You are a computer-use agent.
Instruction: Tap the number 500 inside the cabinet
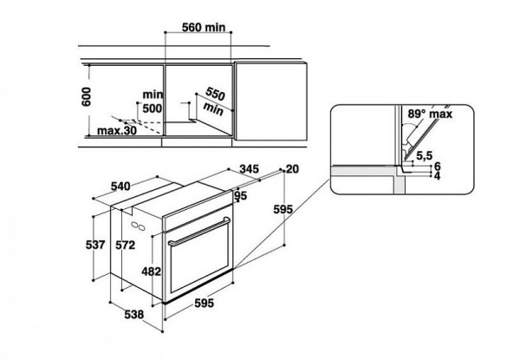(x=153, y=108)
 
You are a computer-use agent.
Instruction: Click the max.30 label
(x=118, y=131)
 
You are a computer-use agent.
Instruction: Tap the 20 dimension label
(x=290, y=169)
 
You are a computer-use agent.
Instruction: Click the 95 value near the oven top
(x=242, y=196)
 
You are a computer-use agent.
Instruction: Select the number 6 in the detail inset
(x=439, y=165)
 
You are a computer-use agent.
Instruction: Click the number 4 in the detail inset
(x=439, y=176)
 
